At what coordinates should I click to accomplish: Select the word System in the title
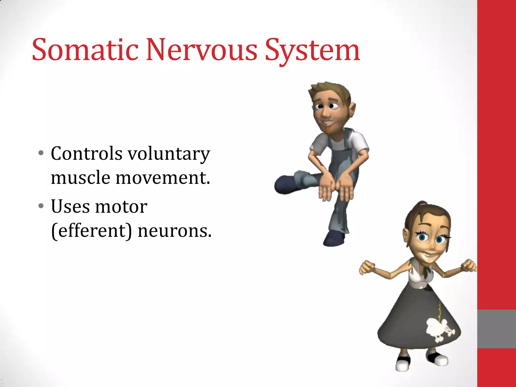(312, 50)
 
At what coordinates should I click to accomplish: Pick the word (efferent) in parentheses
(91, 231)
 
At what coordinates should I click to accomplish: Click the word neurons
(175, 231)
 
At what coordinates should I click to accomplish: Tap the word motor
(121, 207)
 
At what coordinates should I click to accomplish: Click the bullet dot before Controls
(41, 153)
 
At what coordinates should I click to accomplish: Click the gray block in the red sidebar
(496, 329)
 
